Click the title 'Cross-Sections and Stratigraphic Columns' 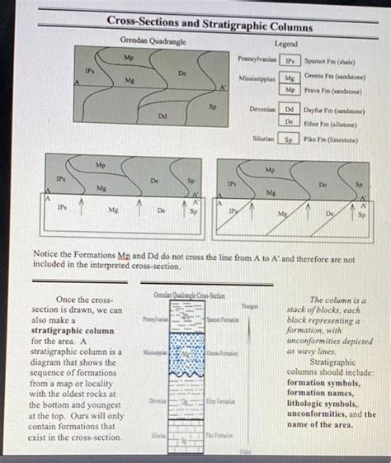(209, 26)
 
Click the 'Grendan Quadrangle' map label (153, 40)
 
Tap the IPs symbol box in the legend (290, 60)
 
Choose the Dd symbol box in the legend (290, 108)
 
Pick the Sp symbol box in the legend (290, 139)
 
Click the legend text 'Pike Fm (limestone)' (331, 139)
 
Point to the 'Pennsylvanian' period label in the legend (257, 60)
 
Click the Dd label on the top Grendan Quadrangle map (162, 116)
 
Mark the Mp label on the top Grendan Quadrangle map (128, 58)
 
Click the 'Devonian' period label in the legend (261, 108)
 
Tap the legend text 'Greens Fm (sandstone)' (336, 75)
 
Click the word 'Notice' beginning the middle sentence (45, 259)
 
